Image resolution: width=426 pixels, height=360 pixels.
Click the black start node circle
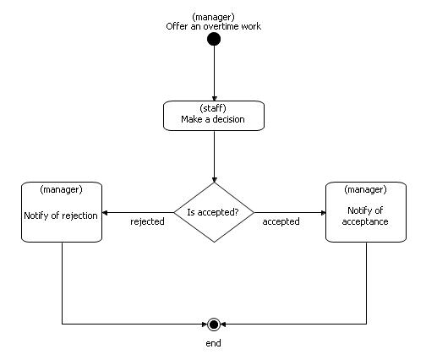214,39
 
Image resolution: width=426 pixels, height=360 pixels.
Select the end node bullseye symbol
214,324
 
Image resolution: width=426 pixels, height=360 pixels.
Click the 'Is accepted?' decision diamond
214,213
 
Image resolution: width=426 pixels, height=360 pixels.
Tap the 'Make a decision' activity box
214,116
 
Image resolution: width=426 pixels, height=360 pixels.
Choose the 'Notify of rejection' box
62,212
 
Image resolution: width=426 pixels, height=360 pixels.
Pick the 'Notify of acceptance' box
365,212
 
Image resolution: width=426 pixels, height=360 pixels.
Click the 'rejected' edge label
147,222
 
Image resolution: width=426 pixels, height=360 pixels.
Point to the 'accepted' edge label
281,222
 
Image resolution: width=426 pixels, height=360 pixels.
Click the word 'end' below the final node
214,344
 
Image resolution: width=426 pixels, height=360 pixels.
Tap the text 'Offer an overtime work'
214,26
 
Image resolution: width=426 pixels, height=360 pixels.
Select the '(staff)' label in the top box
214,109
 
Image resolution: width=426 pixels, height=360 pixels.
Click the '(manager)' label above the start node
214,17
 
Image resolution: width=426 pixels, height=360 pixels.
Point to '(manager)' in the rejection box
62,189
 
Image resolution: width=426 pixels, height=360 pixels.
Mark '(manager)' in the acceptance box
365,189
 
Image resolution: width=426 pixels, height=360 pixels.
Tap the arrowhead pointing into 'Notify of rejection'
106,213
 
